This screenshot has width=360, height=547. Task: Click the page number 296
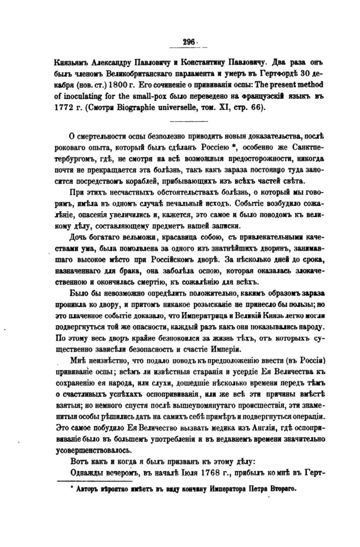click(x=189, y=42)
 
